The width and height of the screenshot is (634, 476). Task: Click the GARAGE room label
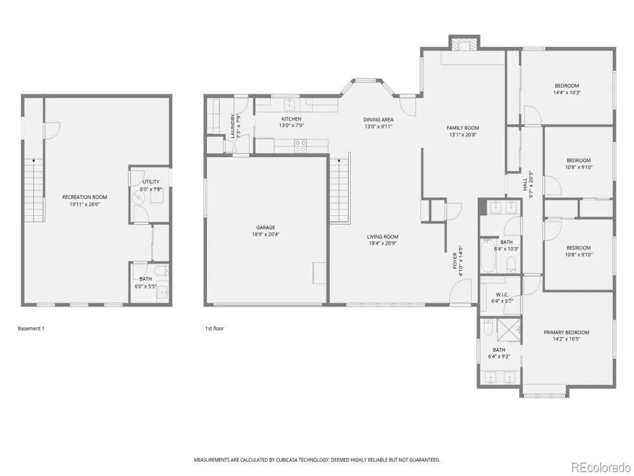coord(265,227)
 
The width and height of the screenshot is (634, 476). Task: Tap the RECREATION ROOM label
coord(85,197)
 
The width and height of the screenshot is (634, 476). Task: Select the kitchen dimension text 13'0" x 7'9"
coord(291,125)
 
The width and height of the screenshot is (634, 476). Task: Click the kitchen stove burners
coord(301,146)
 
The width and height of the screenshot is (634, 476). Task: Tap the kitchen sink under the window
coord(290,105)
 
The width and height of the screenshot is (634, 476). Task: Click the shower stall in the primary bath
coord(508,329)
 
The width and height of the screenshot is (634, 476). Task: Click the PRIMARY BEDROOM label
coord(566,332)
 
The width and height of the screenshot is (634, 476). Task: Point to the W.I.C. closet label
coord(502,295)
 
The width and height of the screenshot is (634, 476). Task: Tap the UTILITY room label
coord(151,182)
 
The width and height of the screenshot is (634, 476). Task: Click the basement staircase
coord(34,190)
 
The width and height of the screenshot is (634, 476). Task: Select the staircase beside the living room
coord(340,190)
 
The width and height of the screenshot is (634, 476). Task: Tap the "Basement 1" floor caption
coord(31,328)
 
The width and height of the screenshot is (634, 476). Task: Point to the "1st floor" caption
coord(215,328)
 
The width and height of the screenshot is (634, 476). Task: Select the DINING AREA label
coord(378,120)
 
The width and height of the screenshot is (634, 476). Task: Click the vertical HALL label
coord(525,184)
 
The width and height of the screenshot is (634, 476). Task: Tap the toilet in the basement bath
coord(161,271)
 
